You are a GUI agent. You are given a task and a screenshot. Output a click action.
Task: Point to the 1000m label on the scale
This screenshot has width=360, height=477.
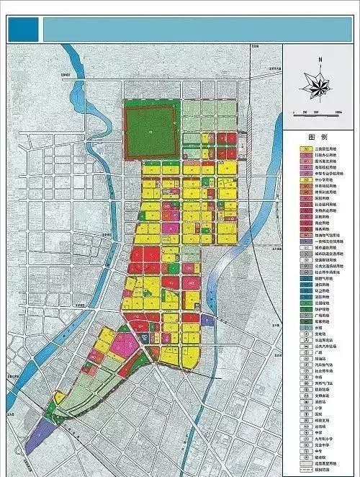pos(338,113)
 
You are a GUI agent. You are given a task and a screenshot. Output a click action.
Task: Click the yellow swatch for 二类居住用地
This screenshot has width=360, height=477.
pos(305,149)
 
